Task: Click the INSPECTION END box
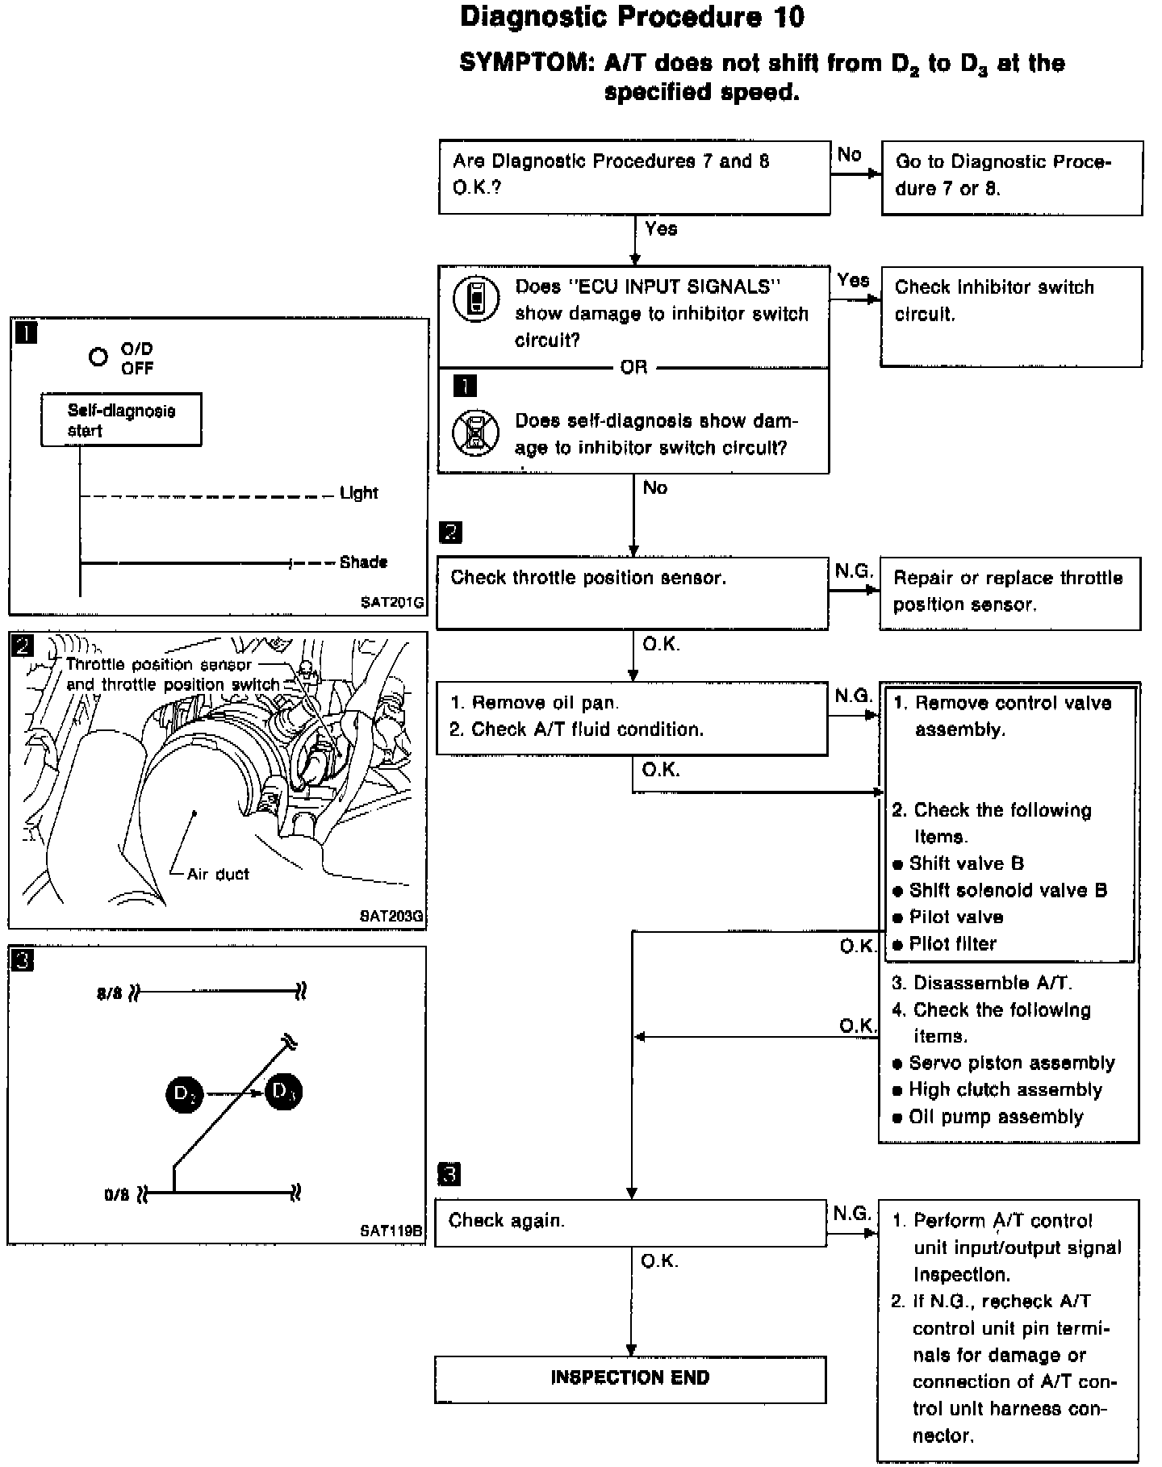(630, 1378)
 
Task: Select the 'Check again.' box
(630, 1222)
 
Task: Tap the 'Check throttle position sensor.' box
(632, 592)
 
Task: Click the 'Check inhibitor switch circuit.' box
(1011, 316)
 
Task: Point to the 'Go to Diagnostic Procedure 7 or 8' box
(1012, 178)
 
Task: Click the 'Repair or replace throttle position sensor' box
(1009, 592)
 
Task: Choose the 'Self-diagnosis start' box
(121, 420)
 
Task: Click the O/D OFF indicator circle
(98, 357)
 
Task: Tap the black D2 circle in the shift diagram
(185, 1094)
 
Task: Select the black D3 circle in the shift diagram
(284, 1092)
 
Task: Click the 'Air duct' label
(218, 874)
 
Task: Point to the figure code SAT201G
(392, 601)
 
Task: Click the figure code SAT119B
(391, 1231)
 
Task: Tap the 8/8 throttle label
(109, 993)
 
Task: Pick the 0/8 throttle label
(116, 1194)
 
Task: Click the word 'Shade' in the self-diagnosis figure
(363, 562)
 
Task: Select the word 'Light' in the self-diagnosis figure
(359, 492)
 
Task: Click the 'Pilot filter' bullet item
(952, 944)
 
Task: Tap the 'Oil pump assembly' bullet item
(996, 1117)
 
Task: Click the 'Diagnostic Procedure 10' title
(632, 17)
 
